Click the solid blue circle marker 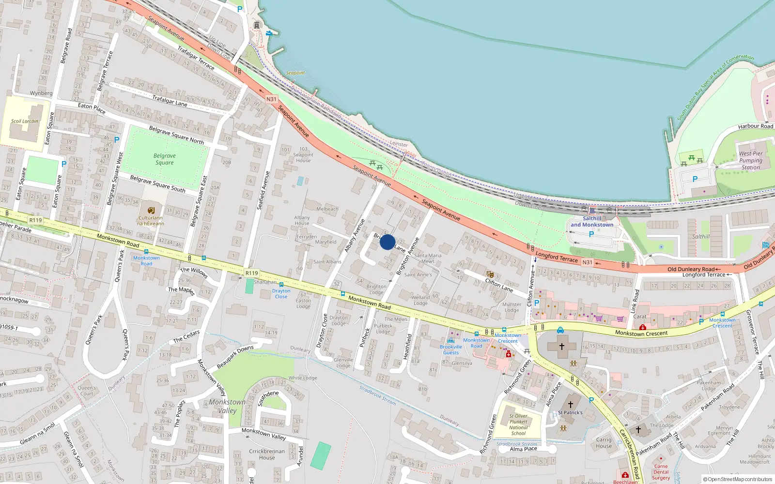click(x=387, y=242)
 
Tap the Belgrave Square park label click(x=165, y=159)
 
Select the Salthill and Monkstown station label click(x=592, y=222)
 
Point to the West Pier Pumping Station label click(x=751, y=161)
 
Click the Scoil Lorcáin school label click(x=25, y=121)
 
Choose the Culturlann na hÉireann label click(x=151, y=221)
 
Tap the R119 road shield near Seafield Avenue click(x=251, y=273)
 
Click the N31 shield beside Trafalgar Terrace click(x=271, y=99)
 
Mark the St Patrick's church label click(x=570, y=413)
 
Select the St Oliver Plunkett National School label click(x=518, y=424)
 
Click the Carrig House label click(x=604, y=443)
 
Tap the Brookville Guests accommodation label click(x=450, y=349)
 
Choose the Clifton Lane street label click(x=499, y=285)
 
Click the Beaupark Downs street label click(x=235, y=357)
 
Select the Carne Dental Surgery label click(x=661, y=472)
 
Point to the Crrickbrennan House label click(x=267, y=454)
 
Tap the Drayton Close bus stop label click(x=281, y=294)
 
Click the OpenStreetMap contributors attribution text click(x=737, y=479)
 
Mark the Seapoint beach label click(x=295, y=73)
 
